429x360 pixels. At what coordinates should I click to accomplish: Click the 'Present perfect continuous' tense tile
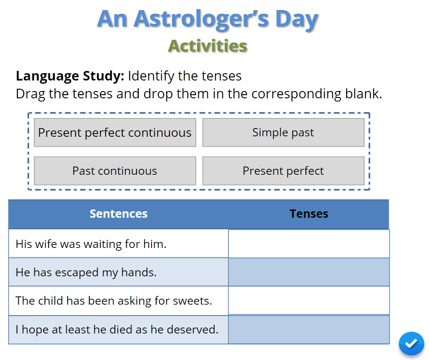coord(115,133)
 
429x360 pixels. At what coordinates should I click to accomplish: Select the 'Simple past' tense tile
coord(283,133)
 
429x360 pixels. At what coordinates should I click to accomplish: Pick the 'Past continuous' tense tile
coord(115,171)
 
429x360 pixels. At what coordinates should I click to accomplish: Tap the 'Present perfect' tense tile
coord(283,171)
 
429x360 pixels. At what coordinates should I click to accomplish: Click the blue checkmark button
coord(411,344)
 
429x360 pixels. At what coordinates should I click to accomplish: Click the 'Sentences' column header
coord(119,214)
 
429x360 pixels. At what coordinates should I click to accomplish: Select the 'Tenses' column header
coord(309,214)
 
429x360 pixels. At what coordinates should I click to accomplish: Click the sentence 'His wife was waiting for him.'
coord(91,244)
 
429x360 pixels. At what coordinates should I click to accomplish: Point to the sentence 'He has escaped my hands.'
coord(86,273)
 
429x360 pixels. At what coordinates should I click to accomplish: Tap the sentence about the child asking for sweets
coord(114,301)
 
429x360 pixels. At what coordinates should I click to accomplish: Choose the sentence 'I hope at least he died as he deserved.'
coord(117,330)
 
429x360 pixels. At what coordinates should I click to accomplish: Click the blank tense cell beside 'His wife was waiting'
coord(309,243)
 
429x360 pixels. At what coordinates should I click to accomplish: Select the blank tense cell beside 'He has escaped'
coord(309,272)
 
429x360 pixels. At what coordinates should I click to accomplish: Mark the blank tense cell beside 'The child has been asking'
coord(309,301)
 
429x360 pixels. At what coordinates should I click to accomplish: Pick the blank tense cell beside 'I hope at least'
coord(309,330)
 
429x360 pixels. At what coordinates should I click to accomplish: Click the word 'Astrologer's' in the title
coord(201,20)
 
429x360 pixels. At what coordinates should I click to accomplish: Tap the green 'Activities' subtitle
coord(208,46)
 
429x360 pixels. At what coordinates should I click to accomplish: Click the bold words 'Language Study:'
coord(70,76)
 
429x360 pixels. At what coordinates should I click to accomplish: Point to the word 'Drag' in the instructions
coord(30,94)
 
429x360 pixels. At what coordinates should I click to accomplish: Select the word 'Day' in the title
coord(297,20)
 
